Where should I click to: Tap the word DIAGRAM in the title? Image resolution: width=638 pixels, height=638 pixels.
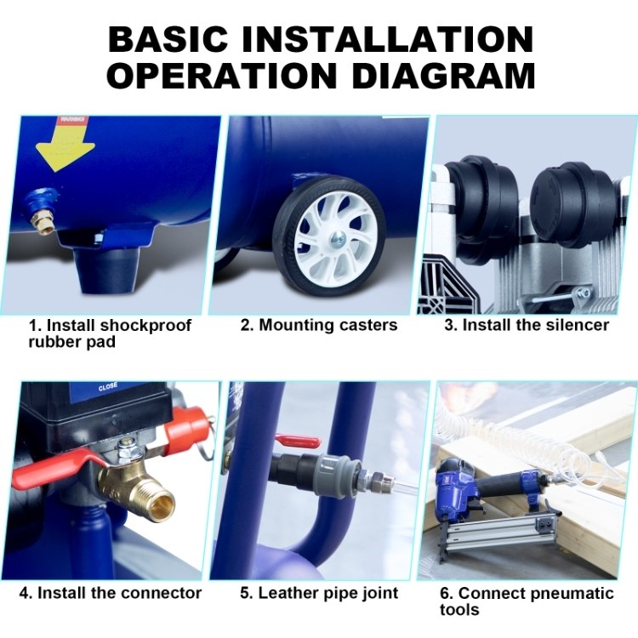pos(443,76)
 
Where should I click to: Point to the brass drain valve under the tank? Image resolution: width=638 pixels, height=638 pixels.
pos(42,213)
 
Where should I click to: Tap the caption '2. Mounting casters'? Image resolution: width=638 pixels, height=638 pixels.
pos(319,325)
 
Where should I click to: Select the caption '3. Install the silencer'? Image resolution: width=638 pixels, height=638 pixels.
pos(527,325)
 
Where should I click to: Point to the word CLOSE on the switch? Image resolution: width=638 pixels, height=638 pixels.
pos(108,386)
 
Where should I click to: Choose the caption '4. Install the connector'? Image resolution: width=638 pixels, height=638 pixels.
pos(111,593)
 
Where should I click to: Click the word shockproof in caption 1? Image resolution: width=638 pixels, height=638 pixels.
pos(145,326)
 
